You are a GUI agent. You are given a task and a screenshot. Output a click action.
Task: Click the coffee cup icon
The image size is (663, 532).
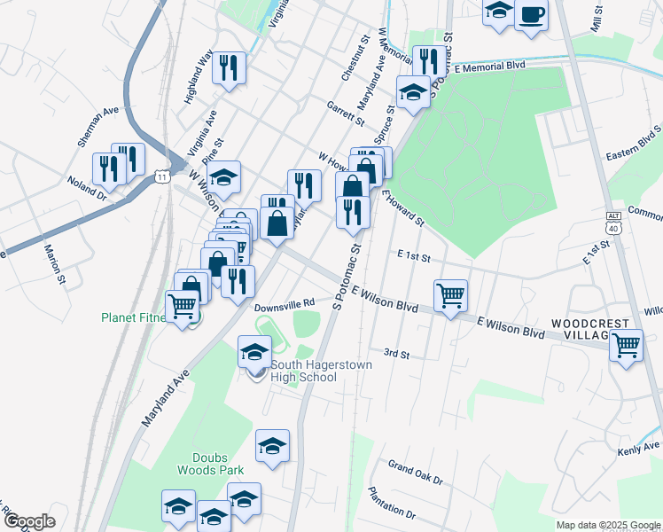point(531,14)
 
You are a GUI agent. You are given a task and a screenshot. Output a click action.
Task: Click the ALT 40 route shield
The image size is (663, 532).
point(612,223)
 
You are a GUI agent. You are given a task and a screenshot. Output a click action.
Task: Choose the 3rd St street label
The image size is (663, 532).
point(396,355)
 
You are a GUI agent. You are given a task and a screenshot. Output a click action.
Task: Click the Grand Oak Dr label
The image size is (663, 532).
point(415,472)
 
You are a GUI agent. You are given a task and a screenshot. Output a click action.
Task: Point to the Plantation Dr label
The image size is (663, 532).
point(392,502)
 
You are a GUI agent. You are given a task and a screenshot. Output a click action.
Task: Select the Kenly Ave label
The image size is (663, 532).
point(639,448)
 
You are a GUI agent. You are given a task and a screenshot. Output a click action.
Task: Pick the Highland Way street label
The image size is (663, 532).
point(199,77)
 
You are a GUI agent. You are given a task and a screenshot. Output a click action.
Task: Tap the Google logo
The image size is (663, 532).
point(29,521)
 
